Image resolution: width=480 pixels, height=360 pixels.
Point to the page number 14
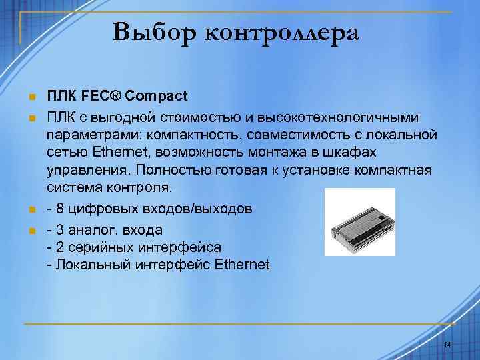point(447,345)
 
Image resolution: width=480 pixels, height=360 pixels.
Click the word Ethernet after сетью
point(118,153)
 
